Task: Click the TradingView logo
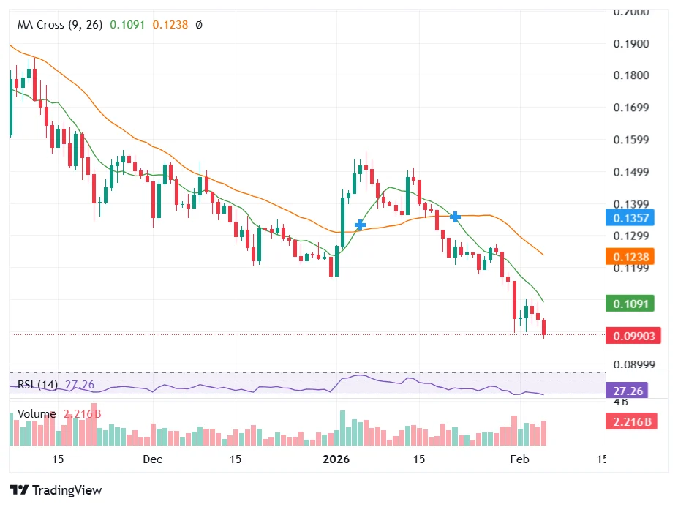coord(56,490)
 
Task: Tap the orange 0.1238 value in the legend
coord(170,24)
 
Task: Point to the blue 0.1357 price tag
coord(631,217)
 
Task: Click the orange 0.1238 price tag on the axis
coord(631,257)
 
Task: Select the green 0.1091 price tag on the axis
coord(631,304)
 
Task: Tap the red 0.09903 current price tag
coord(633,336)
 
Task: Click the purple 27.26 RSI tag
coord(628,391)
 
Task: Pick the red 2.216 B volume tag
coord(631,421)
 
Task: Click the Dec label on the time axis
coord(152,459)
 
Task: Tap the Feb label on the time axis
coord(519,459)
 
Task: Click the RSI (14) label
coord(37,384)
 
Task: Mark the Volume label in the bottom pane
coord(37,414)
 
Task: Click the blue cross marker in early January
coord(360,225)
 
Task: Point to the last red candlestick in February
coord(544,327)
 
